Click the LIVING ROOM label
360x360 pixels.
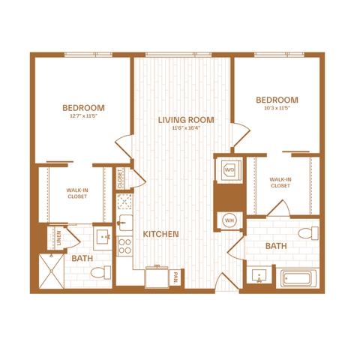pos(186,120)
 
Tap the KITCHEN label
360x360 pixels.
pos(160,234)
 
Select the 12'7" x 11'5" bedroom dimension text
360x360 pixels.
pos(83,116)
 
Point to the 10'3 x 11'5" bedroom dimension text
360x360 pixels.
pos(277,108)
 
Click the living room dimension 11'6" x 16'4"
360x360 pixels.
pos(186,128)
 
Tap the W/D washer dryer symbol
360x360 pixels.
pos(229,170)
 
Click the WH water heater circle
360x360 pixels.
pos(229,220)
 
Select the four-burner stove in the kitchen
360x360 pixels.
pos(124,246)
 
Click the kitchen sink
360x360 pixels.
pos(125,223)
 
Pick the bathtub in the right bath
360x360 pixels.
pos(298,279)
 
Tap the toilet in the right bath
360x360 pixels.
pos(308,233)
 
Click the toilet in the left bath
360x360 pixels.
pos(100,272)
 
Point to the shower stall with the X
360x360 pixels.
pos(52,271)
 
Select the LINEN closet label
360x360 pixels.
pos(59,238)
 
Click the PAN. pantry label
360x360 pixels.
pos(175,278)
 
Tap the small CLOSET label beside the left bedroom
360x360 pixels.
pos(120,178)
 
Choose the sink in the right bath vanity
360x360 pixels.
pos(259,275)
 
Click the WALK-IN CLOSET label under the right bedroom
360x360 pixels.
pos(280,183)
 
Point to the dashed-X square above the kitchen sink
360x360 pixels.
pos(124,202)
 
